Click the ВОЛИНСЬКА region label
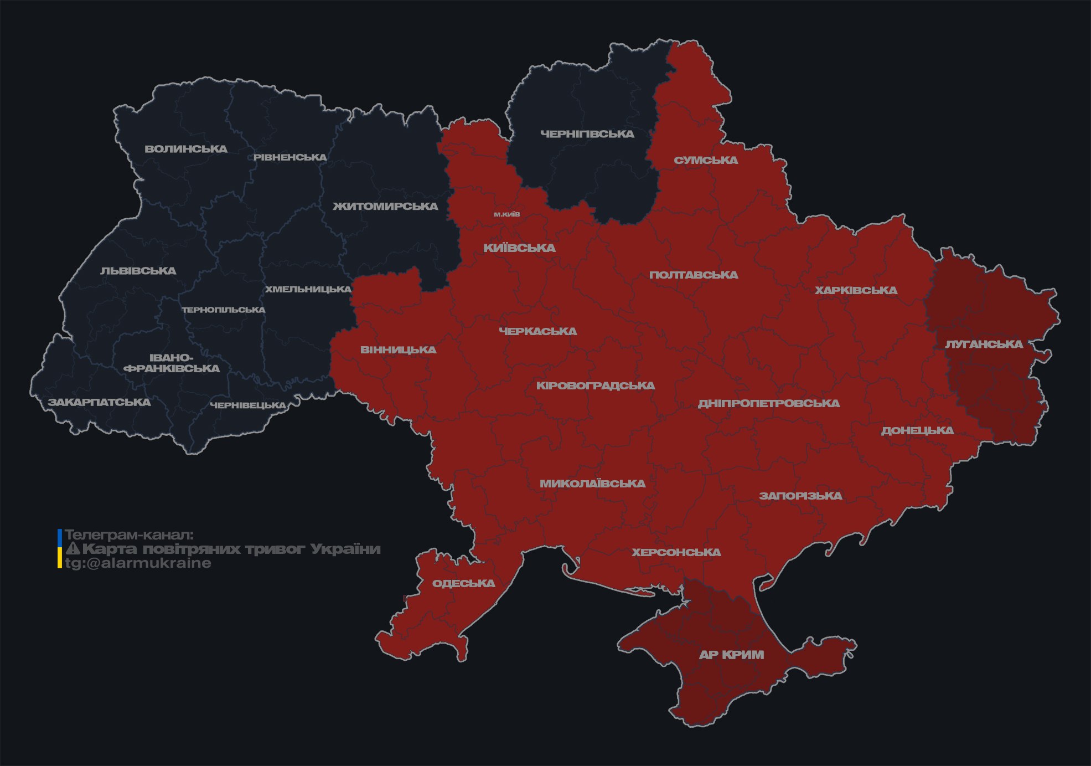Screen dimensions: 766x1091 186,149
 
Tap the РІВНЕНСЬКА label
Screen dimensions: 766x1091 290,157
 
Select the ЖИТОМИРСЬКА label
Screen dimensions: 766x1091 385,207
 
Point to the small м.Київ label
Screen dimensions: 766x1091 507,214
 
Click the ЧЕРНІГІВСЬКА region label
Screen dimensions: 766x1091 587,134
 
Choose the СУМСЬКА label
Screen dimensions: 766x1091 706,161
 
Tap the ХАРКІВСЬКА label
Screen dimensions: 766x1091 856,291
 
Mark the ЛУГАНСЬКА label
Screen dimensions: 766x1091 984,345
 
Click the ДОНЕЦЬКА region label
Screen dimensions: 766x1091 917,431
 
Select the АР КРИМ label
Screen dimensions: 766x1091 731,655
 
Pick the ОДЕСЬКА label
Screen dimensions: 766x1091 463,584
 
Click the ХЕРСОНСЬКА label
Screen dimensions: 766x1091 676,553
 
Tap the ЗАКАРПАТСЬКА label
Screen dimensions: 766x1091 99,402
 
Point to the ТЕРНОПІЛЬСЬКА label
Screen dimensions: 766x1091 224,310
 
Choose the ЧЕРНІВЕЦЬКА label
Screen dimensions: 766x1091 248,405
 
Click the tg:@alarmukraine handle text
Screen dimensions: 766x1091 138,563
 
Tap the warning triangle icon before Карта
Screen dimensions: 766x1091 73,549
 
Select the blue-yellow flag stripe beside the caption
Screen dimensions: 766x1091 60,549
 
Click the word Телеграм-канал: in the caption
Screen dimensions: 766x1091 129,535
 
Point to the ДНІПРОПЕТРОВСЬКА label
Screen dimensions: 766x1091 768,404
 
